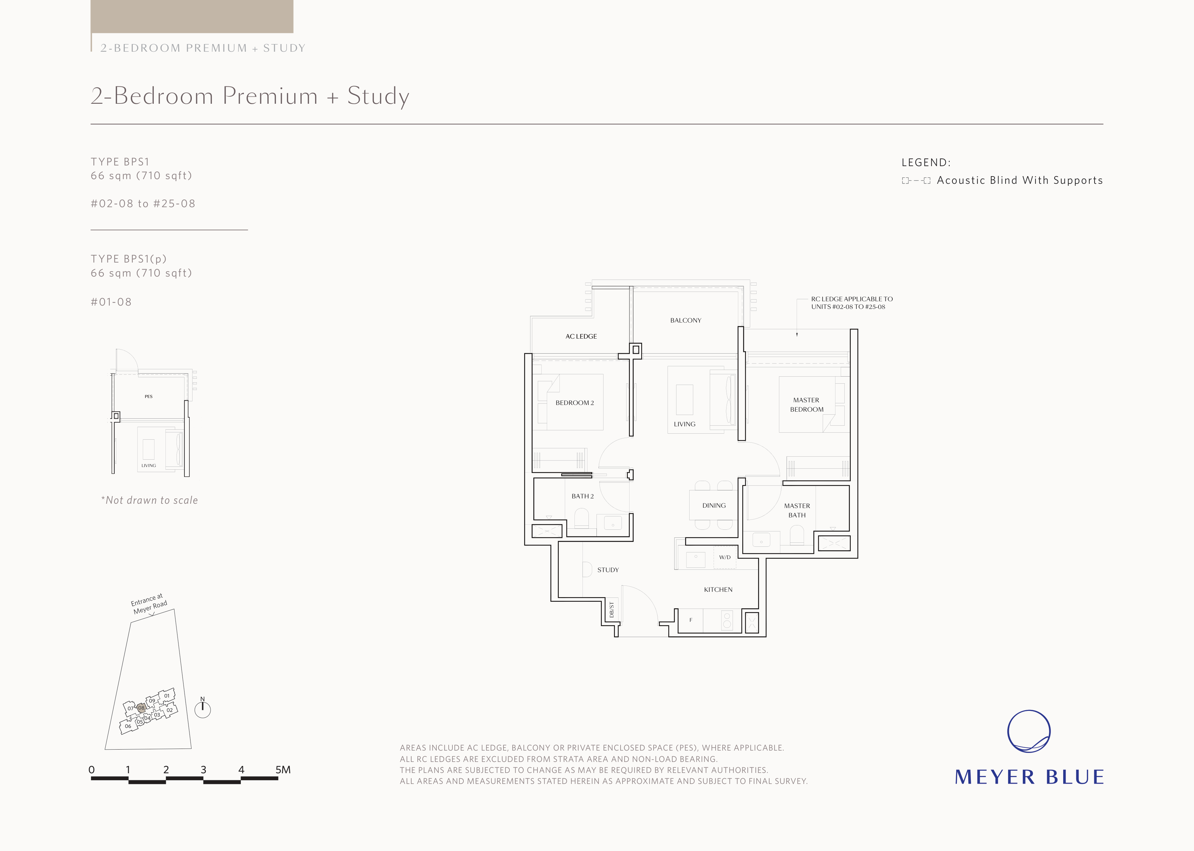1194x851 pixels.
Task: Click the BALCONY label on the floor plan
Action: pos(685,320)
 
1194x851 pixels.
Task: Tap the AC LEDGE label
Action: pos(581,336)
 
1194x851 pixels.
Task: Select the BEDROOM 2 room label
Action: pos(575,403)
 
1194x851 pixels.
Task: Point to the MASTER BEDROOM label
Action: pos(806,405)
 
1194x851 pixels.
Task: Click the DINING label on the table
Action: pos(714,506)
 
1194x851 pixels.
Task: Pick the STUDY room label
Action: pos(608,570)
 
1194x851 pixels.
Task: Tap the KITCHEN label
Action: pos(718,589)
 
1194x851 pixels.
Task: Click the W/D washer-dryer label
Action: pos(725,557)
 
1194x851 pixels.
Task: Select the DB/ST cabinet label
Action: pos(612,610)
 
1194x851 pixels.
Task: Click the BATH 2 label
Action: pos(582,496)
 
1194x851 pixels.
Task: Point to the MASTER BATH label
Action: pos(797,510)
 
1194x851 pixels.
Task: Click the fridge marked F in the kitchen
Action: pos(691,620)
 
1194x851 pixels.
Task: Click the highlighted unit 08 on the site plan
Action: pos(141,708)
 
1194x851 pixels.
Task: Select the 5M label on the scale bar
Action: pos(283,770)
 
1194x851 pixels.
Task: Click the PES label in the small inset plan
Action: pos(149,397)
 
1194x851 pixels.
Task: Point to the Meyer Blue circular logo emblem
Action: pos(1029,732)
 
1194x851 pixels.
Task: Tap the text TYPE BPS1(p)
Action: pos(129,259)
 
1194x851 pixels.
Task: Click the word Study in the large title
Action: pos(378,96)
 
